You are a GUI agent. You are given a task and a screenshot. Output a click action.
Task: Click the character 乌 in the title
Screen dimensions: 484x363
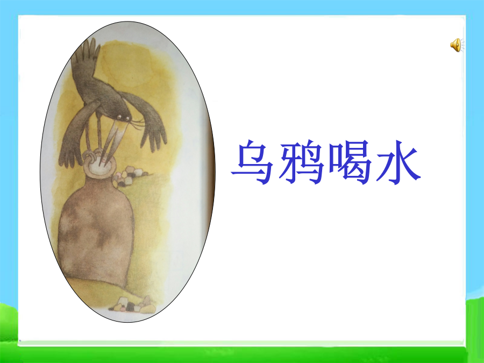(252, 162)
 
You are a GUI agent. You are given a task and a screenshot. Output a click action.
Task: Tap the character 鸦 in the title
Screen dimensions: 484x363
(301, 162)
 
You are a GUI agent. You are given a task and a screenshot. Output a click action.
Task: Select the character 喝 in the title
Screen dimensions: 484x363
(350, 162)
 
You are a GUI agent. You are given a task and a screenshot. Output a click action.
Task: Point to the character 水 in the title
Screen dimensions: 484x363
(398, 162)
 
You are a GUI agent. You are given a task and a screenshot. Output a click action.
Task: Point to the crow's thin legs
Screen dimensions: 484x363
(94, 136)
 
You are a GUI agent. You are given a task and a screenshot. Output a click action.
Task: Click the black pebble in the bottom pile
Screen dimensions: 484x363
(130, 307)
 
